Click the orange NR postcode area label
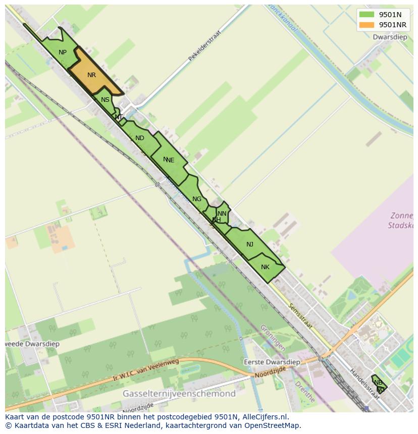click(91, 75)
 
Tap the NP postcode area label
click(63, 52)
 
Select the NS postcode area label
click(105, 100)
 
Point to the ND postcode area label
click(140, 138)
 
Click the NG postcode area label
click(197, 199)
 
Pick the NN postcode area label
click(222, 214)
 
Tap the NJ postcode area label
click(250, 244)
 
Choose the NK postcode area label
click(266, 267)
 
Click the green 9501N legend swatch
click(367, 15)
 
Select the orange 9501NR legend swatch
click(367, 25)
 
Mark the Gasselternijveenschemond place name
click(179, 394)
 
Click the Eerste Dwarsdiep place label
click(272, 362)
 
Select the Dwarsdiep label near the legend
click(390, 37)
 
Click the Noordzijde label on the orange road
click(270, 372)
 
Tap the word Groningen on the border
click(273, 338)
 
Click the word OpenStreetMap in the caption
click(273, 425)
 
